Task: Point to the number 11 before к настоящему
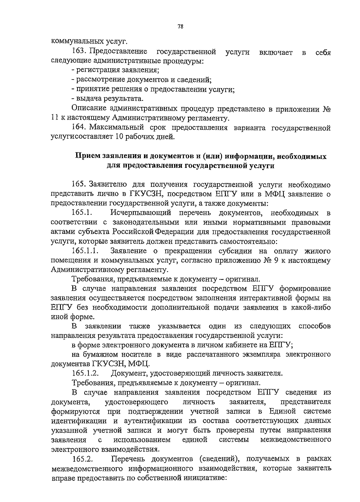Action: point(54,118)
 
